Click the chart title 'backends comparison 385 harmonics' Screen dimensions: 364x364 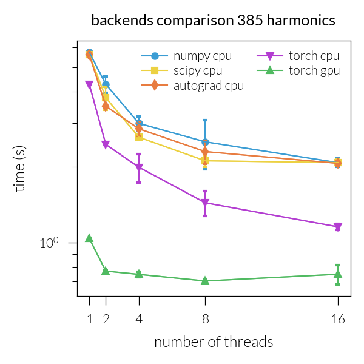213,20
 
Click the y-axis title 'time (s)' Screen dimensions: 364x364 20,169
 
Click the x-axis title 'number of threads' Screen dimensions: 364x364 214,342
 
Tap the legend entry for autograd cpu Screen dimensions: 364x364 208,86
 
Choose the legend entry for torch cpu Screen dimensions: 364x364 314,56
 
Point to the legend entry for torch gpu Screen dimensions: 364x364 314,71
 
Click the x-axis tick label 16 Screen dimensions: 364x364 338,318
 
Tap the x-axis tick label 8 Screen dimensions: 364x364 205,318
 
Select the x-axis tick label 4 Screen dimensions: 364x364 139,318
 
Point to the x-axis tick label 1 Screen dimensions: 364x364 89,318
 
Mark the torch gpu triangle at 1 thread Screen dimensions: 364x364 89,238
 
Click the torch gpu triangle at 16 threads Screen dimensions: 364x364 338,274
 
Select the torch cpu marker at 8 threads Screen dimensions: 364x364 205,203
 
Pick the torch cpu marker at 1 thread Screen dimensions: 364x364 89,85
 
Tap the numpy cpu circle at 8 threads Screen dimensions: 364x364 205,142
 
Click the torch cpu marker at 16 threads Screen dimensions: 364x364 338,227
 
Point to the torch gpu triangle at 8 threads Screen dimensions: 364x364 205,281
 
